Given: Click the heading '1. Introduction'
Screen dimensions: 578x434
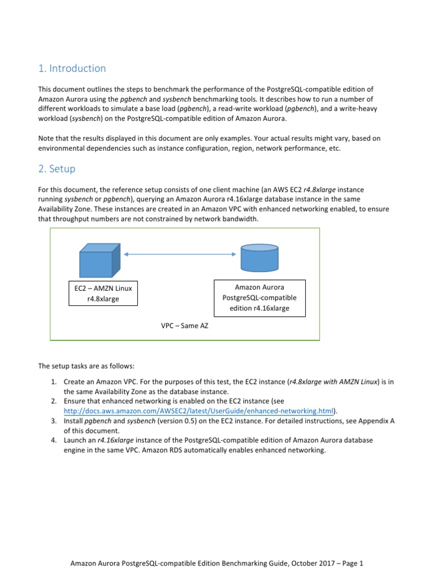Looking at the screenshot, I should click(x=72, y=68).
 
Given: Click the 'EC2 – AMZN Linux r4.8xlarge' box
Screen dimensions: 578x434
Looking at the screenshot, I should click(x=103, y=294).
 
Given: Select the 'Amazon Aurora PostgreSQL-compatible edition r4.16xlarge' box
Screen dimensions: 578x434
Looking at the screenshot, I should click(x=260, y=297).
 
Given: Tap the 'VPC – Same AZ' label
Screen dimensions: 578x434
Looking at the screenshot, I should click(x=185, y=326).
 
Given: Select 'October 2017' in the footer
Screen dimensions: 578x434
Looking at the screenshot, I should click(x=306, y=563).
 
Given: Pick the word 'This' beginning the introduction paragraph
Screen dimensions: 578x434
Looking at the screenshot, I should click(x=45, y=89).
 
